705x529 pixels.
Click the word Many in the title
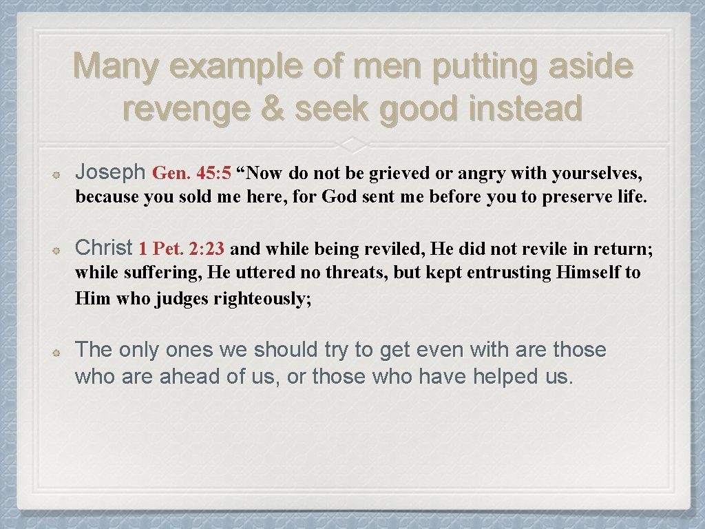(x=115, y=68)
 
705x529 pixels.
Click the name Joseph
(x=110, y=172)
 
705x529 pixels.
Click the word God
(x=339, y=197)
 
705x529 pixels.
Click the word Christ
(x=104, y=247)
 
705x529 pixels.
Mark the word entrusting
(x=509, y=273)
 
